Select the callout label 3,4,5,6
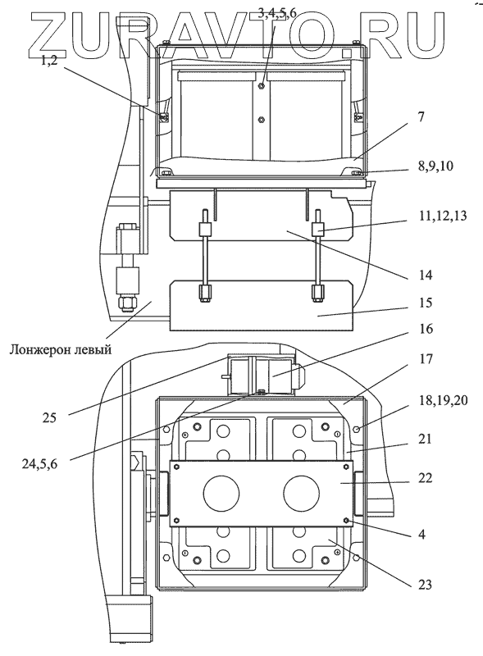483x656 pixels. [276, 12]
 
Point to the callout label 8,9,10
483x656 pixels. [435, 166]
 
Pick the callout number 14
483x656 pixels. [426, 275]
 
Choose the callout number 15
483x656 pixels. [426, 302]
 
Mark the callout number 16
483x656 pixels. [426, 329]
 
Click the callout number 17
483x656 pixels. [426, 359]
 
